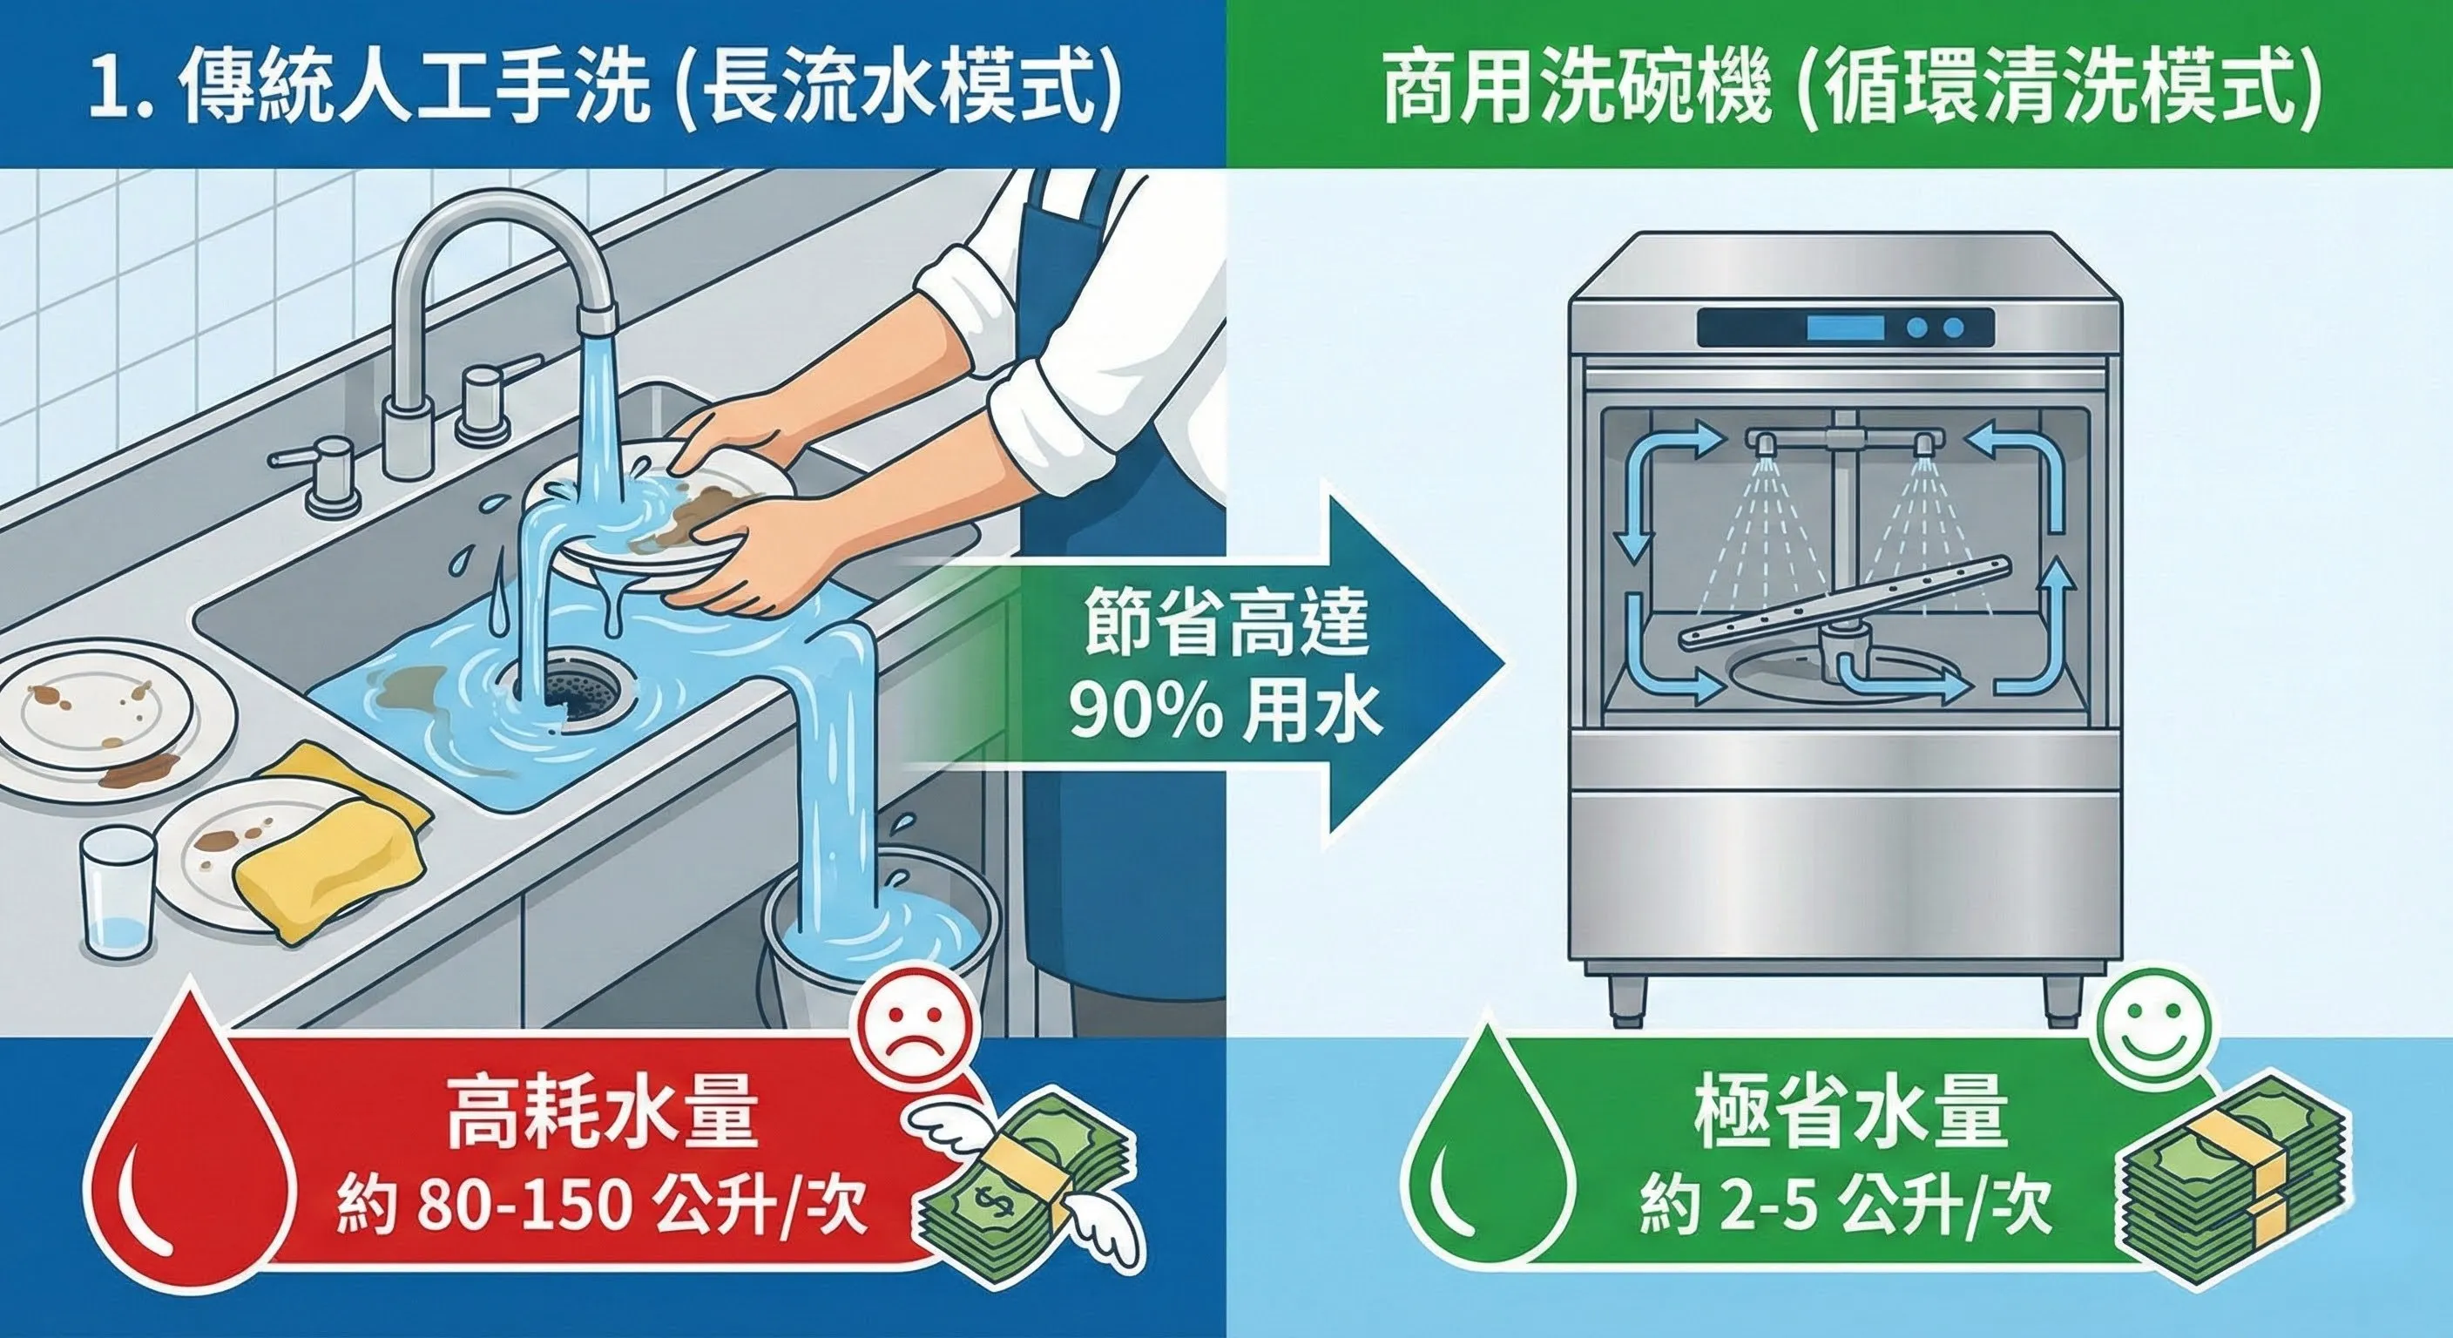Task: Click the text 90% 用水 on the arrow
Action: click(x=1223, y=712)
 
